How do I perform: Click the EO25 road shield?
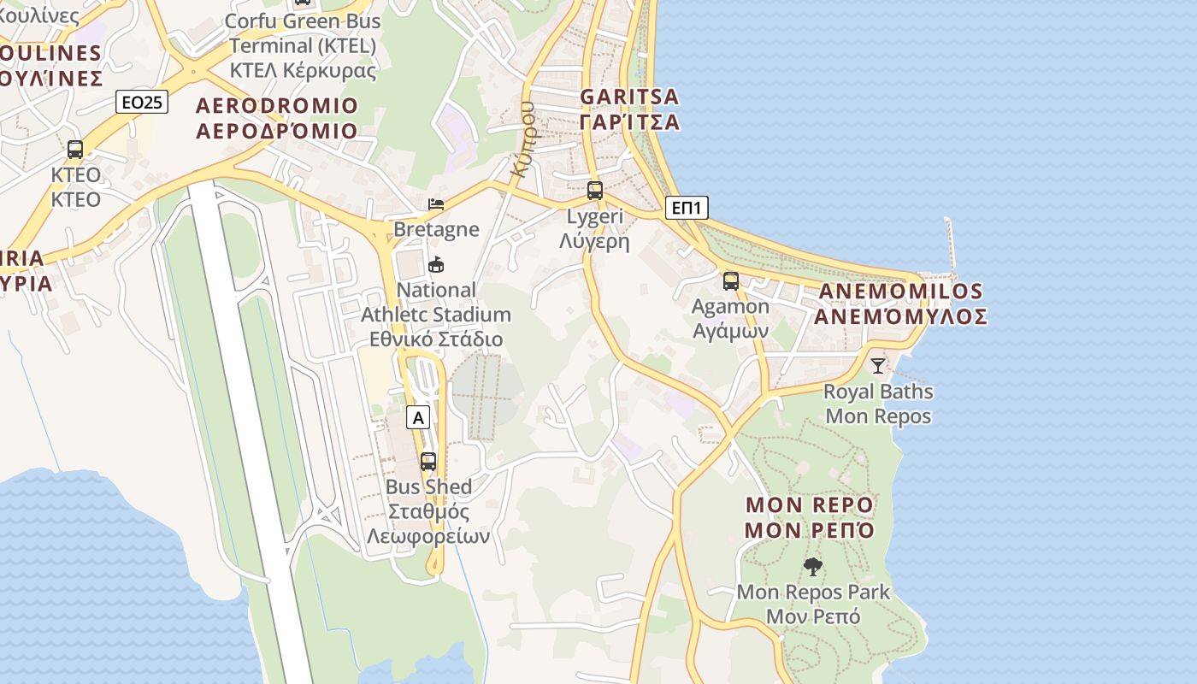[142, 103]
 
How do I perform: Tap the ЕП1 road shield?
[687, 208]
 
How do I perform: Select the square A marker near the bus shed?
[417, 417]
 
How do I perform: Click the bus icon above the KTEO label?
[75, 150]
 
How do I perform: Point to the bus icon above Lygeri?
[595, 191]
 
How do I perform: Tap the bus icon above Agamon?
[730, 280]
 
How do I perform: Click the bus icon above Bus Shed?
[428, 462]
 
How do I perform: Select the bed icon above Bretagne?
[436, 204]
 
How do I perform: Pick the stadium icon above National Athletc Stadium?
[436, 264]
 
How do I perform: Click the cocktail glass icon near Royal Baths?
[878, 366]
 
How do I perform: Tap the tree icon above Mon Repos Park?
[813, 566]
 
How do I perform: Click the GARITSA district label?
[629, 109]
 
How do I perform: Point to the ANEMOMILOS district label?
[901, 304]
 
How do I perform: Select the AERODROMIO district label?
[276, 118]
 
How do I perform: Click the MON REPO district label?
[809, 517]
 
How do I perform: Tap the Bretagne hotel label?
[436, 229]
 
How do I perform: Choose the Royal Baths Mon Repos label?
[878, 404]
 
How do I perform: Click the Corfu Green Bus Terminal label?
[303, 44]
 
